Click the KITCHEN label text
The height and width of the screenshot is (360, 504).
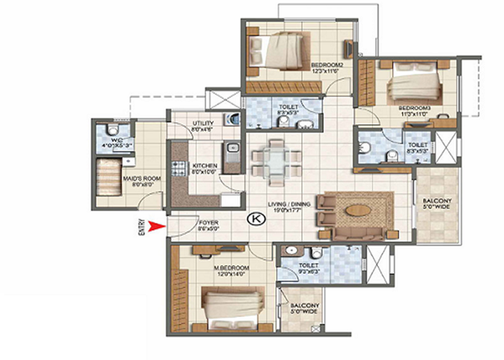click(204, 167)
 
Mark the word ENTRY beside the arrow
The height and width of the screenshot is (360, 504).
click(142, 227)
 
